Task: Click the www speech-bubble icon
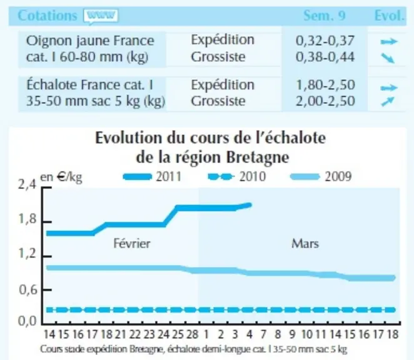coord(101,16)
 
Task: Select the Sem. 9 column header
coord(324,16)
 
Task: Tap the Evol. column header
coord(390,16)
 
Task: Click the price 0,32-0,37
coord(325,41)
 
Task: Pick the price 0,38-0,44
coord(325,57)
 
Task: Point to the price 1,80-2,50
coord(326,85)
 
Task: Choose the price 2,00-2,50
coord(325,101)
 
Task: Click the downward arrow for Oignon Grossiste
coord(388,57)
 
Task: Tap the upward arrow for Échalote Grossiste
coord(388,102)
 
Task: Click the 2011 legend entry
coord(152,177)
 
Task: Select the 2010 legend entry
coord(236,177)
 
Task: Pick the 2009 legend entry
coord(321,177)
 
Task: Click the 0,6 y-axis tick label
coord(28,290)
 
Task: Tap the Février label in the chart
coord(132,243)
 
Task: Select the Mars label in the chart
coord(305,243)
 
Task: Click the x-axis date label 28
coord(192,334)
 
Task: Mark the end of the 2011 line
coord(250,205)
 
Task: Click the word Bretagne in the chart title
coord(258,157)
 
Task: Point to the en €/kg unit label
coord(61,177)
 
